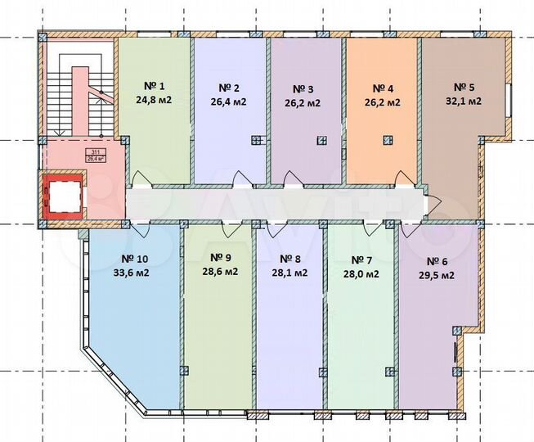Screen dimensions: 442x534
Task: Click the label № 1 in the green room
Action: point(155,87)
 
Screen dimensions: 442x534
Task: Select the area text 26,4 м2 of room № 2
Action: point(230,102)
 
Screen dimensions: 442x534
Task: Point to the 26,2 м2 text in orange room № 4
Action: point(383,102)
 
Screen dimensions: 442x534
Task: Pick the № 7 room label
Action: point(361,260)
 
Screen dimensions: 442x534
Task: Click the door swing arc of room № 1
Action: point(140,177)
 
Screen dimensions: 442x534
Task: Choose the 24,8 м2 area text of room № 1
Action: point(155,101)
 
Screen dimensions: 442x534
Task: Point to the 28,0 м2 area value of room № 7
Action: point(361,275)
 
